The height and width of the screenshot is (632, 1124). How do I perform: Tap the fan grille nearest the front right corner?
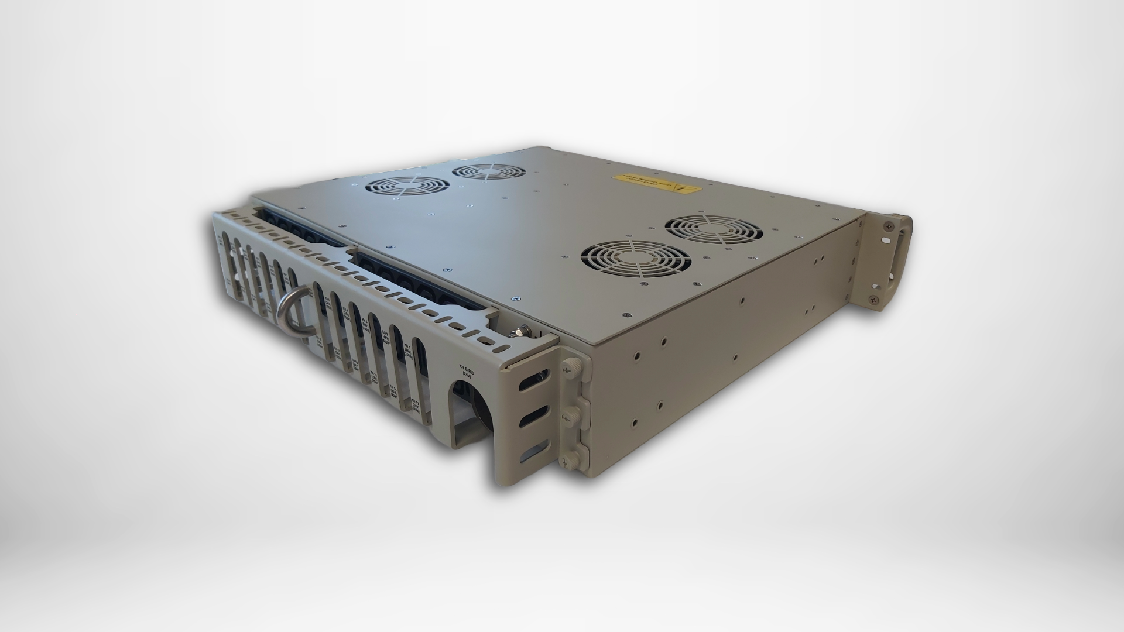tap(635, 262)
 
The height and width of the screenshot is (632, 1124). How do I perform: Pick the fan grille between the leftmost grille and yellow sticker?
tap(488, 171)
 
